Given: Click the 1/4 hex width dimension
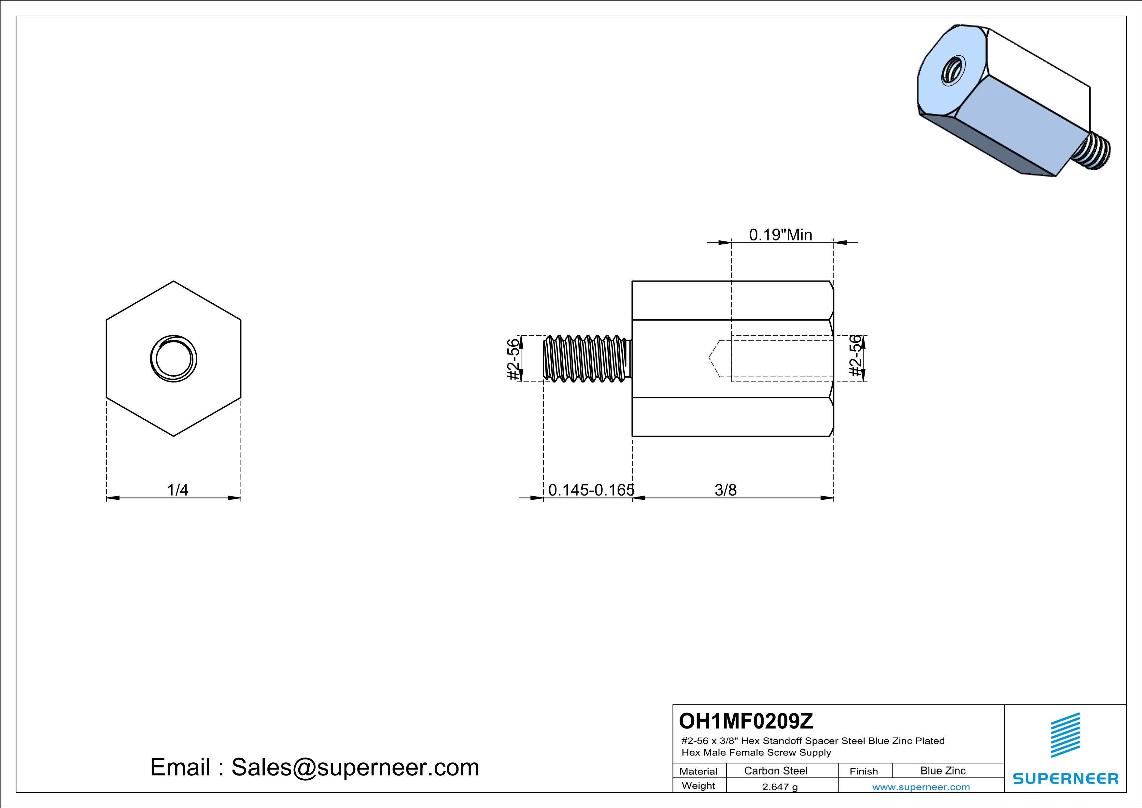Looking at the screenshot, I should click(x=177, y=490).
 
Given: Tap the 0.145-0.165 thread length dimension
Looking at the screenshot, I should click(x=591, y=490).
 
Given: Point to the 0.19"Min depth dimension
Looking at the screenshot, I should click(x=781, y=235).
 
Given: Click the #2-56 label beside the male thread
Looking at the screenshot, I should click(x=513, y=359).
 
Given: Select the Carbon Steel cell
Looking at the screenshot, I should click(x=775, y=771).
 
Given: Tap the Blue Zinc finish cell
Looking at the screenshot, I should click(x=942, y=771).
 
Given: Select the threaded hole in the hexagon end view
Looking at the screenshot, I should click(x=174, y=359).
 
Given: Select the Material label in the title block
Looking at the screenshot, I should click(x=698, y=771).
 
